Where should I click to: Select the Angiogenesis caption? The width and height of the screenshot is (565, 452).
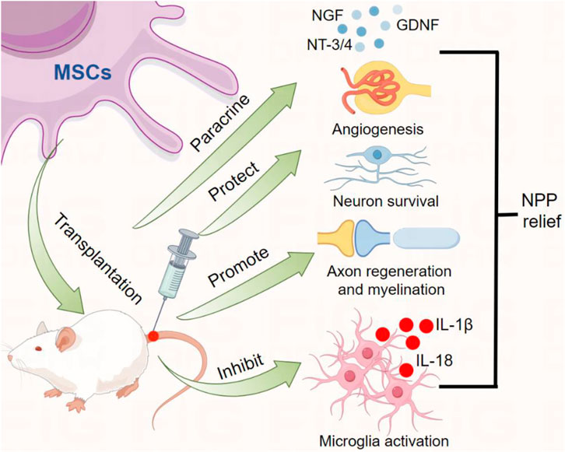click(x=376, y=128)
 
